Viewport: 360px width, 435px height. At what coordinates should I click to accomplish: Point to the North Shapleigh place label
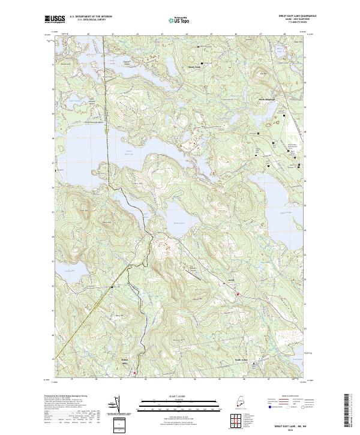click(x=265, y=100)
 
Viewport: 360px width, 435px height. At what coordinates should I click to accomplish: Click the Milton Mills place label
click(x=125, y=362)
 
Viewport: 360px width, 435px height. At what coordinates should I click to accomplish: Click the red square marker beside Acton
click(x=238, y=294)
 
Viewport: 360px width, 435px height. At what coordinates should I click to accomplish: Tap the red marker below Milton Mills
click(x=135, y=373)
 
